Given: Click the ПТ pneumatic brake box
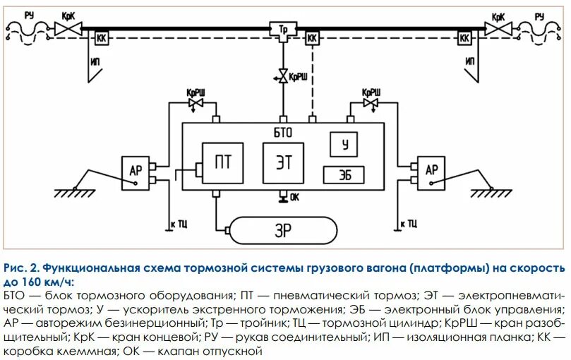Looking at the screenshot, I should (223, 161).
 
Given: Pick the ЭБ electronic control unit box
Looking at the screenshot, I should (344, 174).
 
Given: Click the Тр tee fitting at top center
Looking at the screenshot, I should (282, 30).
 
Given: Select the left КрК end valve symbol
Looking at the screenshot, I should (69, 29).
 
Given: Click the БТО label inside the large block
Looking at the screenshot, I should (282, 131).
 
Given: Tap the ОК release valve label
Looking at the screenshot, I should (294, 197).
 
